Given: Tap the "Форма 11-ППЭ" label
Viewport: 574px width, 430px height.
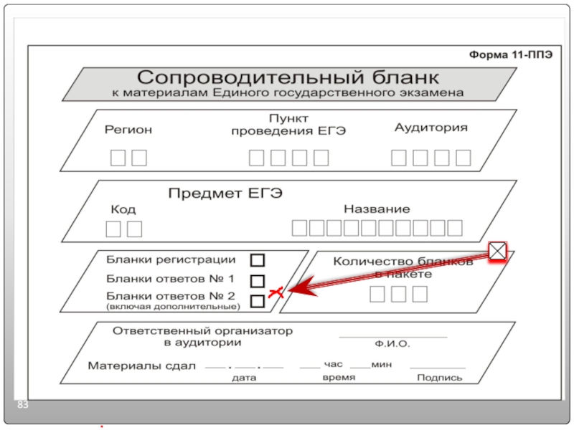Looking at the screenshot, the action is pyautogui.click(x=510, y=54).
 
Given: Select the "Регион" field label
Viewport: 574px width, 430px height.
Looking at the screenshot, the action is pyautogui.click(x=128, y=130).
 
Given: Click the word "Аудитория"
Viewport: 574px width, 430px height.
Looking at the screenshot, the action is pyautogui.click(x=430, y=128).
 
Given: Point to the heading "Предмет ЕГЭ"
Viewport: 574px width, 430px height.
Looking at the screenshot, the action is pyautogui.click(x=225, y=193).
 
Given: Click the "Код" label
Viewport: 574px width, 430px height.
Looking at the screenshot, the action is pyautogui.click(x=123, y=209).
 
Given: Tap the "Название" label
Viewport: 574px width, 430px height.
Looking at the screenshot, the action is pyautogui.click(x=377, y=209).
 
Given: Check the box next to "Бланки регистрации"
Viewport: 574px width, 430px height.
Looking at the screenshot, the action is pyautogui.click(x=257, y=260).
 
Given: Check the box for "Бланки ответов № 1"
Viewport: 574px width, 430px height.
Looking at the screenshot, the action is pyautogui.click(x=257, y=281).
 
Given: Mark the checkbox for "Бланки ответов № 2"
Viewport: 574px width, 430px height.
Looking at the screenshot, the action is pyautogui.click(x=257, y=301).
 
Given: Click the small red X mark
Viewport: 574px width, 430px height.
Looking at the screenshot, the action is pyautogui.click(x=275, y=292).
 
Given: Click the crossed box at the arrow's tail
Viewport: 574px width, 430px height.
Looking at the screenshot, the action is pyautogui.click(x=497, y=251).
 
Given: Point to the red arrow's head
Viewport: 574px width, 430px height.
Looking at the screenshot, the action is pyautogui.click(x=298, y=287).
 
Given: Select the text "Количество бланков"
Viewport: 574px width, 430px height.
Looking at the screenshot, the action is pyautogui.click(x=403, y=262).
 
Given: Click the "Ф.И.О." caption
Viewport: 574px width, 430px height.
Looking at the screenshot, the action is pyautogui.click(x=392, y=344).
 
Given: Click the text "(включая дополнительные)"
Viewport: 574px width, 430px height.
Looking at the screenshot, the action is pyautogui.click(x=173, y=307).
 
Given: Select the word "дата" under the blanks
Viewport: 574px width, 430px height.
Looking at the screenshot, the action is pyautogui.click(x=244, y=377).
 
